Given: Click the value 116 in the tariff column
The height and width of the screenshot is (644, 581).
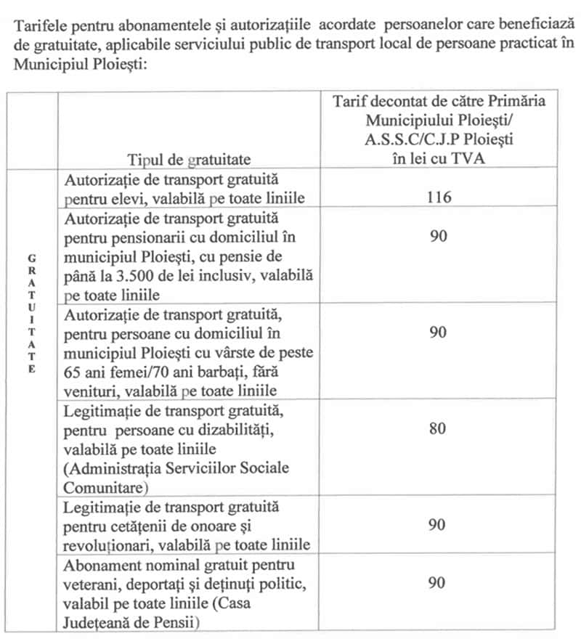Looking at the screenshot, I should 438,197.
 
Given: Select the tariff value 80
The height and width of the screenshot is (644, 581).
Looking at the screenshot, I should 437,428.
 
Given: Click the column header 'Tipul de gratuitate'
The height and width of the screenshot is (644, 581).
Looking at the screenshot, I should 189,159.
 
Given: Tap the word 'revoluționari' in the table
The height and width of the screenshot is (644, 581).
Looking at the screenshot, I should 110,545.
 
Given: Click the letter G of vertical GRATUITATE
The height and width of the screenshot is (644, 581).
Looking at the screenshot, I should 31,258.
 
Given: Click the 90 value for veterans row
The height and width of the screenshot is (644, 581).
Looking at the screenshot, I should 437,583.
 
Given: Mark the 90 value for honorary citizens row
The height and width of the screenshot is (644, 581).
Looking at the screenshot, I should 437,525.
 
